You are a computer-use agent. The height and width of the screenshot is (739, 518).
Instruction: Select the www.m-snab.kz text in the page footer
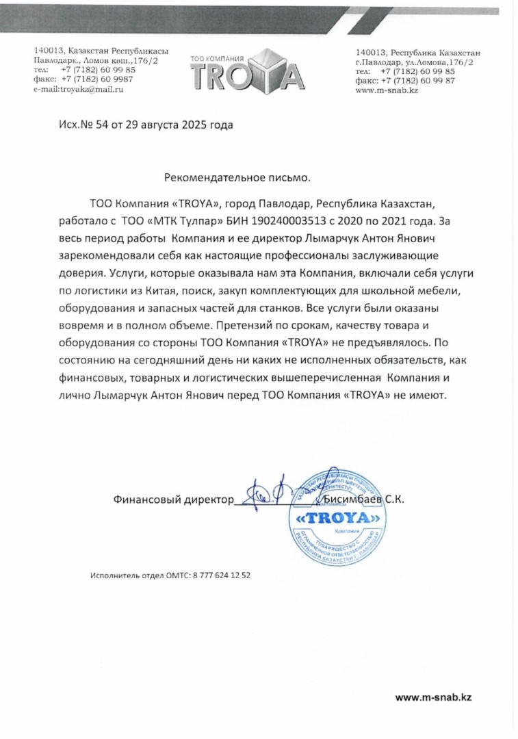[433, 697]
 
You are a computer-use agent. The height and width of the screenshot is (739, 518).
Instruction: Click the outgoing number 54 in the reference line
[94, 125]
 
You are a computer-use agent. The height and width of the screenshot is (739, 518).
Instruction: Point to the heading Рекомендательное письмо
[237, 178]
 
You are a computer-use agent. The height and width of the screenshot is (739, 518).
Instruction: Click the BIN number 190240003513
[303, 222]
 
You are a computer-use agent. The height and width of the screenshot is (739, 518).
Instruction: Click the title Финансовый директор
[173, 500]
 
